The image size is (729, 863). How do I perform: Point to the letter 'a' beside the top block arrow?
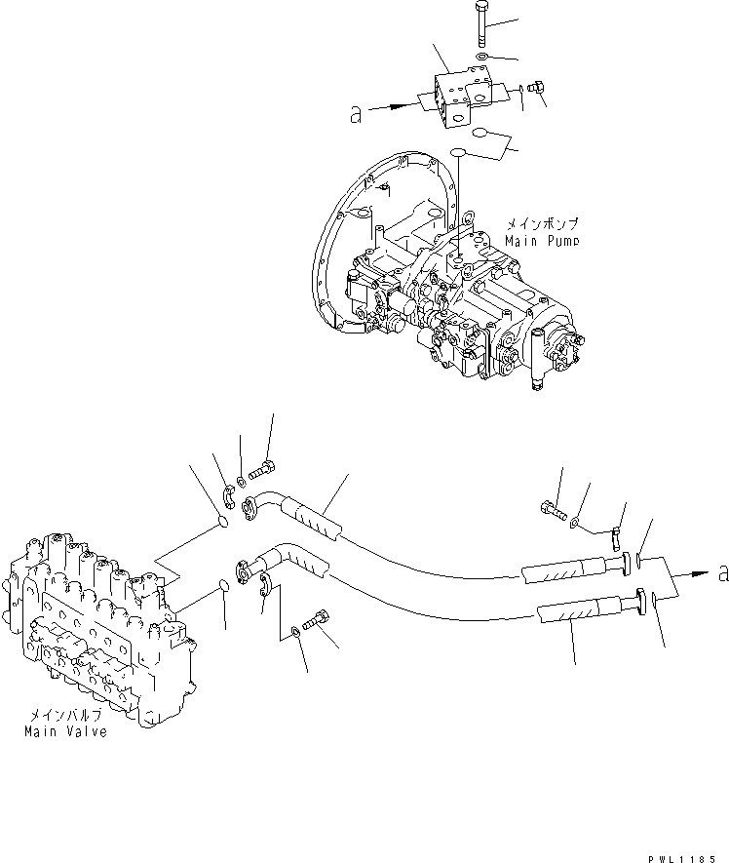point(356,114)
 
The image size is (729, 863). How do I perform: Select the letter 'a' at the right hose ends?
point(722,575)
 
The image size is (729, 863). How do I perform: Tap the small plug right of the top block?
point(534,90)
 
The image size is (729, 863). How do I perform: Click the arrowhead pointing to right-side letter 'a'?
point(701,576)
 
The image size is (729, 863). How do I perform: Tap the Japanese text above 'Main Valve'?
point(66,715)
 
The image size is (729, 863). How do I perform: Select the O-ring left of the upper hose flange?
point(223,523)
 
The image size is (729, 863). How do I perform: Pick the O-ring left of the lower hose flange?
point(222,586)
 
